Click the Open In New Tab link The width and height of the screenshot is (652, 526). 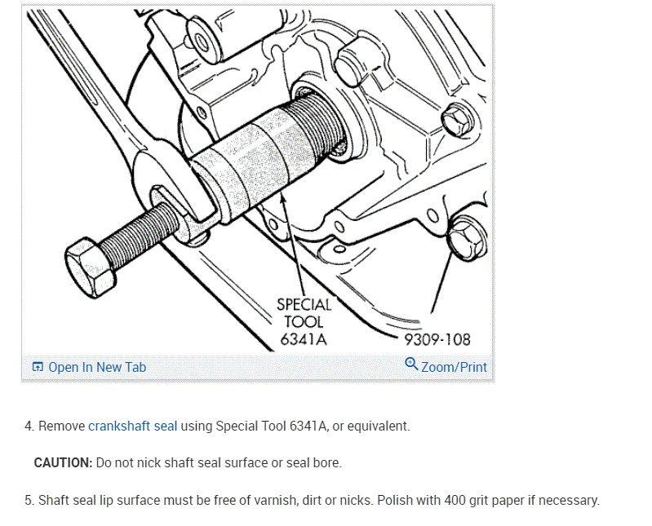(x=89, y=367)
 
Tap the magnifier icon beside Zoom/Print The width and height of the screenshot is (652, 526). (x=411, y=364)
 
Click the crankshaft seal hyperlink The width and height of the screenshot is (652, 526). (x=133, y=427)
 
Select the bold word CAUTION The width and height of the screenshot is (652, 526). (x=63, y=463)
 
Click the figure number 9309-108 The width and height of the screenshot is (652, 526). (x=437, y=340)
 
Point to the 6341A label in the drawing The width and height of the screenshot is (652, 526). (x=303, y=339)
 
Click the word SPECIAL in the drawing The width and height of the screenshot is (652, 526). (x=304, y=305)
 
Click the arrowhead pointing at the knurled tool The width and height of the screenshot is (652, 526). (x=284, y=201)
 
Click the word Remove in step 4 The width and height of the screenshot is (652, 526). (x=61, y=427)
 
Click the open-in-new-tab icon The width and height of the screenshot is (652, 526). (x=38, y=367)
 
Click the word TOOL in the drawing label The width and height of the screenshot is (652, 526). (x=304, y=322)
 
